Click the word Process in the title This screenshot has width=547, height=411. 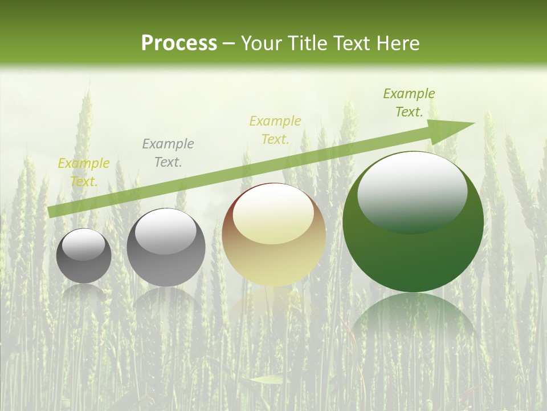click(x=179, y=43)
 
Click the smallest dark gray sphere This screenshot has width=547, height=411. click(x=84, y=256)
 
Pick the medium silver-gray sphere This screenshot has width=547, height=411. click(x=166, y=247)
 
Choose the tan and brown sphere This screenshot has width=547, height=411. click(x=273, y=235)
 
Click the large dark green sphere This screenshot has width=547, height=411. click(x=413, y=221)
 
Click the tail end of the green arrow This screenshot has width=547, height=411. click(x=52, y=212)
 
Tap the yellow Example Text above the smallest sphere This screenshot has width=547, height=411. click(x=84, y=172)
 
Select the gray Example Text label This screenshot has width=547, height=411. click(x=168, y=153)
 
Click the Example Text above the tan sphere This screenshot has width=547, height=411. click(x=275, y=130)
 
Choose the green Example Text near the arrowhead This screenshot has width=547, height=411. click(x=409, y=103)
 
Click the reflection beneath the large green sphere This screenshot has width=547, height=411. click(x=413, y=317)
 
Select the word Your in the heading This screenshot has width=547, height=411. click(x=262, y=43)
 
